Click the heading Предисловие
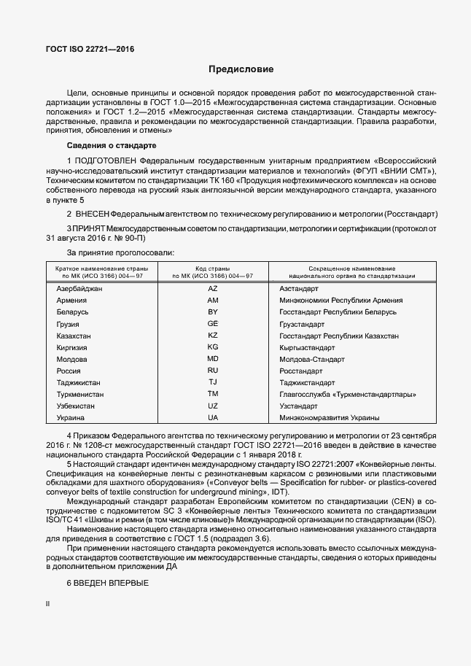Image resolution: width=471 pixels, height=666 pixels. pos(241,70)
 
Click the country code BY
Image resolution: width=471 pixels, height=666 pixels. pos(213,312)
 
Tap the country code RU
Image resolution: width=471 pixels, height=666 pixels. pos(213,371)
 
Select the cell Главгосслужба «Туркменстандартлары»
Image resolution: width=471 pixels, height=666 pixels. pos(348,394)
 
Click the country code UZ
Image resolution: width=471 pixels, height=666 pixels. pos(213,406)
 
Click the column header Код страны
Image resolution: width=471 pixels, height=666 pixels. pos(213,268)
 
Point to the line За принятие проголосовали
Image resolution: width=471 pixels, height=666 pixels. pos(121,252)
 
